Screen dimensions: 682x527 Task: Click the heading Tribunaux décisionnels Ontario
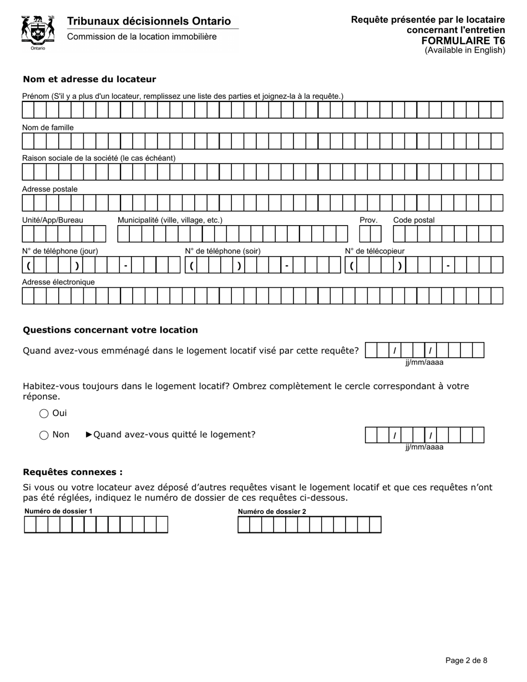(149, 21)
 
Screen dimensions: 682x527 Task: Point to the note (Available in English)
(465, 50)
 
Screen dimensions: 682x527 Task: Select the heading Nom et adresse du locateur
(89, 79)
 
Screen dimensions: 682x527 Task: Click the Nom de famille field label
(48, 128)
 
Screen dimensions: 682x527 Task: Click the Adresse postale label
(50, 189)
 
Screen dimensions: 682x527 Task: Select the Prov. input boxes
(366, 234)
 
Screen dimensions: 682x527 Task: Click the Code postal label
(414, 220)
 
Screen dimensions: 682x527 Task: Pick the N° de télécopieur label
(375, 251)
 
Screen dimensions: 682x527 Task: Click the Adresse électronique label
(58, 282)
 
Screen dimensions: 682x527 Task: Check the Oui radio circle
(44, 414)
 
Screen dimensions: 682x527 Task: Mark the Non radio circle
(44, 435)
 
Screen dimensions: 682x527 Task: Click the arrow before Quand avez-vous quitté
(89, 435)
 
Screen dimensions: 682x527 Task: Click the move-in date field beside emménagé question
(424, 350)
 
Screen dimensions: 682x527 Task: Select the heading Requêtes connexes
(73, 472)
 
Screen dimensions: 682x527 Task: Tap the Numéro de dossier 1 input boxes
(96, 525)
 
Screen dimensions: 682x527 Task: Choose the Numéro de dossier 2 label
(272, 512)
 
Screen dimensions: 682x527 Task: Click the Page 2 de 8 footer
(467, 660)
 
